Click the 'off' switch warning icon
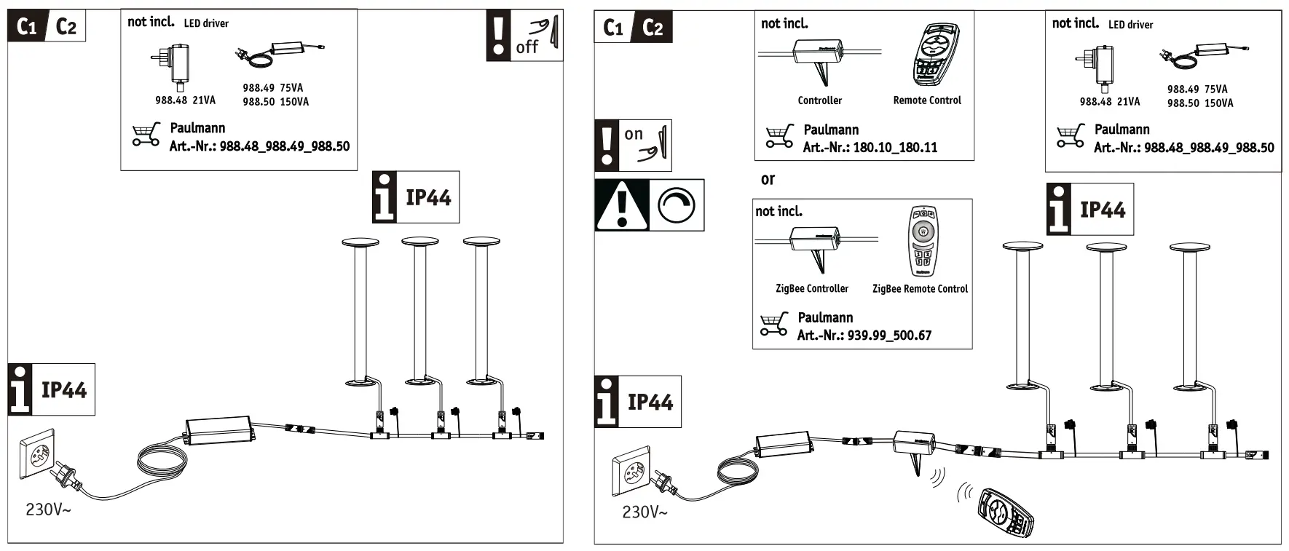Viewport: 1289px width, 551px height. tap(524, 35)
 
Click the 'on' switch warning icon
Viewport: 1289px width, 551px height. tap(633, 146)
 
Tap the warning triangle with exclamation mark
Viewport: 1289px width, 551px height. tap(621, 205)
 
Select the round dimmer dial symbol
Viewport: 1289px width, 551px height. tap(677, 205)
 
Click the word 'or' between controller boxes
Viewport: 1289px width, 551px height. tap(768, 179)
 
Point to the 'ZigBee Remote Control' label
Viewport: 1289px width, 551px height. tap(920, 289)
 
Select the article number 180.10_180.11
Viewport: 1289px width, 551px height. tap(895, 148)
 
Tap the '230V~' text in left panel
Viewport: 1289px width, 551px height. tap(49, 510)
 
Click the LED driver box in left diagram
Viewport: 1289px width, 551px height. tap(220, 430)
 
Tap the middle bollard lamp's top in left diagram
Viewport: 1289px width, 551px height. tap(420, 241)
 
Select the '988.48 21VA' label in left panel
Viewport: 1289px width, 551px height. tap(185, 100)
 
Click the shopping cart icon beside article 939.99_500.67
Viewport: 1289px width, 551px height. tap(773, 324)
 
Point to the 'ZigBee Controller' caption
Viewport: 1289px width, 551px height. tap(812, 289)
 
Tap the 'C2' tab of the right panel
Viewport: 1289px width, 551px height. tap(653, 28)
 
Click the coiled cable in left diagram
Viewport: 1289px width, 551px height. tap(162, 467)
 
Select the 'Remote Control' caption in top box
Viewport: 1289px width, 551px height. tap(927, 100)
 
